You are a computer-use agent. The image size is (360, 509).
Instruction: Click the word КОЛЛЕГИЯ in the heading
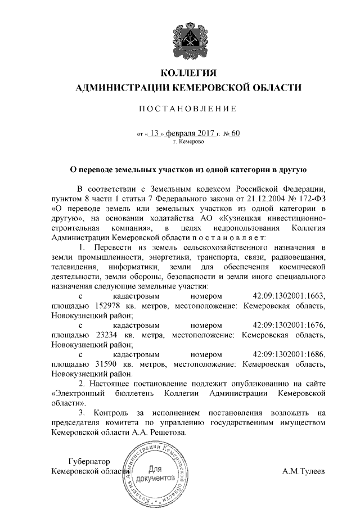point(188,73)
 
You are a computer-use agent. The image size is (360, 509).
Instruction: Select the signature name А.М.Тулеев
point(303,471)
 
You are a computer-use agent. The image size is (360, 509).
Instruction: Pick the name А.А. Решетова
point(166,433)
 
